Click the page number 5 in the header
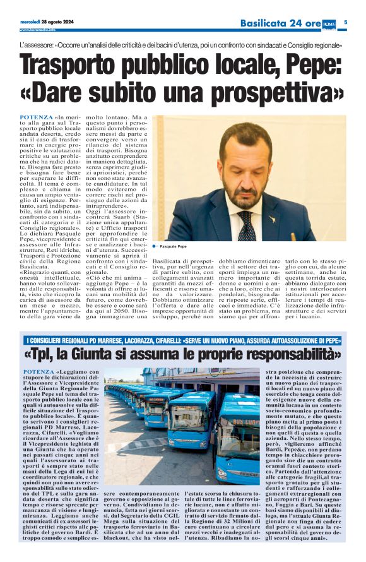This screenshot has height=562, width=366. click(x=346, y=23)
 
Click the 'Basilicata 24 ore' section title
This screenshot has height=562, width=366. click(x=281, y=23)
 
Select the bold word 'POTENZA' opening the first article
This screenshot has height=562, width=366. click(x=37, y=118)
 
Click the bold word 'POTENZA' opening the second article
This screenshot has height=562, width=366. click(x=37, y=372)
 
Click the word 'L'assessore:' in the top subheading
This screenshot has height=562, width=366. click(x=36, y=46)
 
